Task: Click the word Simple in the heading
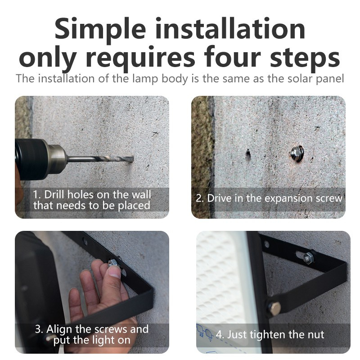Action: tap(100, 29)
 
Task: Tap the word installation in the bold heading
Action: tap(230, 28)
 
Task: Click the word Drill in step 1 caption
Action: tap(54, 195)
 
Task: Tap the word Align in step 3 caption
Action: tap(59, 330)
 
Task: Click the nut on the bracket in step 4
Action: tap(308, 258)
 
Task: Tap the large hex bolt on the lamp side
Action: tap(275, 308)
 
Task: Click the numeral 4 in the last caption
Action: tap(219, 335)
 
